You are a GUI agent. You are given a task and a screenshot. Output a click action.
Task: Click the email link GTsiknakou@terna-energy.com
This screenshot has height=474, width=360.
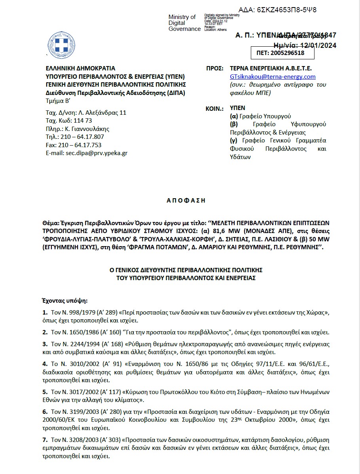[x=273, y=77]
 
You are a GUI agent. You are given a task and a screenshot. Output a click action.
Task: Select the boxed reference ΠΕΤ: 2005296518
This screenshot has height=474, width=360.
[x=283, y=53]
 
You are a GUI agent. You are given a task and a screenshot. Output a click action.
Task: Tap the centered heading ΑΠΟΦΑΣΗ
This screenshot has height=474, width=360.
[x=186, y=200]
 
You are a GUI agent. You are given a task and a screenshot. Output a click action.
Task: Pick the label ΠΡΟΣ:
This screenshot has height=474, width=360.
[x=214, y=68]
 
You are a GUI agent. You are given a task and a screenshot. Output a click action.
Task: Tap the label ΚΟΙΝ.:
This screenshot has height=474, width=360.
[x=215, y=108]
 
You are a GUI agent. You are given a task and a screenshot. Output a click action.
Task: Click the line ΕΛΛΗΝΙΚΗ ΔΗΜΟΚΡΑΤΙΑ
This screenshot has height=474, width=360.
[x=80, y=68]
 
